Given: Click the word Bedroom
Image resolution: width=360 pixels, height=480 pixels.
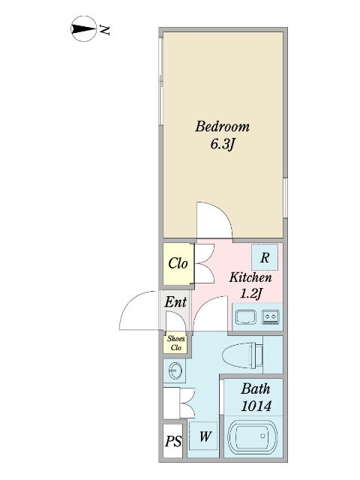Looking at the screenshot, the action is coord(222,126).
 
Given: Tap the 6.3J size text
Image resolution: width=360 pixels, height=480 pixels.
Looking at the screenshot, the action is coord(222,145).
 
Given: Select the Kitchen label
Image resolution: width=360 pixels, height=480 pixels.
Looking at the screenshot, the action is coord(250,277).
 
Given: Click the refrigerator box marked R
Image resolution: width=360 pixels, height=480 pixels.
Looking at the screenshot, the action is coord(265,257).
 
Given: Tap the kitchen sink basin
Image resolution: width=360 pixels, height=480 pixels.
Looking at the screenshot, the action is coord(245,317).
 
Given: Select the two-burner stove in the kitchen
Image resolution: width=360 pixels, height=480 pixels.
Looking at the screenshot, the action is coord(271,316).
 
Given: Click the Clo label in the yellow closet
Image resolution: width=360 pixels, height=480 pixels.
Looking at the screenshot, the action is coord(178,263).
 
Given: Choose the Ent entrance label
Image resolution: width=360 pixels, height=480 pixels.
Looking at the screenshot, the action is coord(175,302).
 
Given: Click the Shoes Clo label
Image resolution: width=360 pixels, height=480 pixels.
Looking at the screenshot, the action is coord(176,343).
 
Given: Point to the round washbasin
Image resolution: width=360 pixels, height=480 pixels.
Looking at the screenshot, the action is coord(175,370).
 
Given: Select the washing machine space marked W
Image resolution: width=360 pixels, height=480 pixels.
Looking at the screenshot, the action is coord(203,436).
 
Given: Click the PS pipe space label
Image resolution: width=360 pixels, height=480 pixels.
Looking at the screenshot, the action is coord(173,441).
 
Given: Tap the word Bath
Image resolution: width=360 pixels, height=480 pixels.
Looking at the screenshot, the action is coord(256,388).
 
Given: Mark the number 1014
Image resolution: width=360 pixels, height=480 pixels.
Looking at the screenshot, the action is coord(256,406).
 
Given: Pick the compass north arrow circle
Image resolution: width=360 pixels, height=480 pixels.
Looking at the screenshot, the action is coord(84,28).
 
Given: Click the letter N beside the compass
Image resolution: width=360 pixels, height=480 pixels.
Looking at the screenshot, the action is coord(105,30).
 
